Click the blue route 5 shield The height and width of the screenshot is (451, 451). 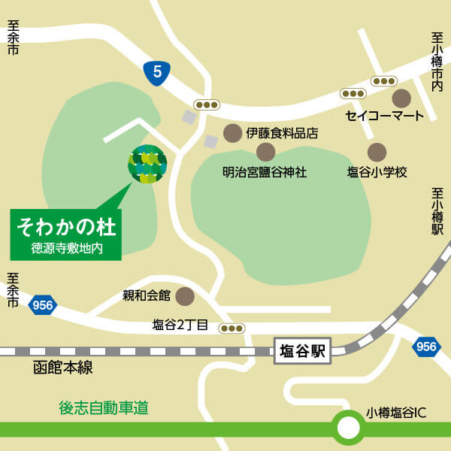(157, 72)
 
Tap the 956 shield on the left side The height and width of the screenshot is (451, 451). (43, 305)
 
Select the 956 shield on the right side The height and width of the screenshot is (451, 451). (426, 347)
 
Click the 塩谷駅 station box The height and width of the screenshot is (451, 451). (302, 351)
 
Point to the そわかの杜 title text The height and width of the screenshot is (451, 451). (66, 225)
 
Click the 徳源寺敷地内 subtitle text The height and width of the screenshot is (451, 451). (66, 247)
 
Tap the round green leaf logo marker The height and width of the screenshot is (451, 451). (147, 164)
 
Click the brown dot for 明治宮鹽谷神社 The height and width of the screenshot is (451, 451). (265, 152)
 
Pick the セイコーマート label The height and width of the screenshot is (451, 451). (385, 116)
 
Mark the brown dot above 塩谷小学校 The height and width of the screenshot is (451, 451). (377, 152)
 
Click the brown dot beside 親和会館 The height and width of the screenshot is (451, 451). (184, 295)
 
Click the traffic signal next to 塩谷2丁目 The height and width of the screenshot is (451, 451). (232, 328)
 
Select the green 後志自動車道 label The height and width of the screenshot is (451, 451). (104, 408)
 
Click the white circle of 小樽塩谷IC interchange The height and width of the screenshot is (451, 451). (348, 428)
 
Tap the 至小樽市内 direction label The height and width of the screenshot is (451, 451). (437, 62)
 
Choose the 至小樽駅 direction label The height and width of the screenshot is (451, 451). (437, 213)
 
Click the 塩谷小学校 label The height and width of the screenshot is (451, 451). (377, 172)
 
